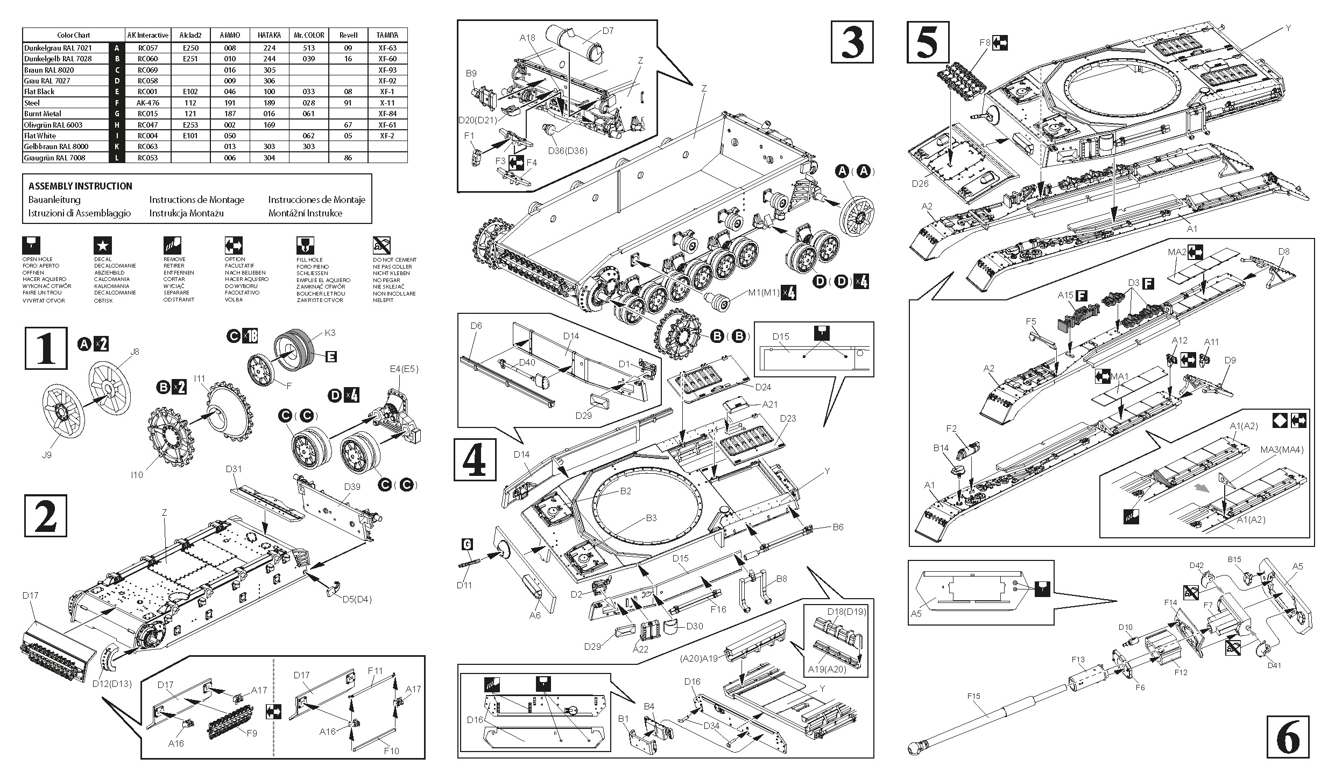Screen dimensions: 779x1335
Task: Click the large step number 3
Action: tap(852, 43)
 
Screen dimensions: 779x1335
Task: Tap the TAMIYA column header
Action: tap(387, 35)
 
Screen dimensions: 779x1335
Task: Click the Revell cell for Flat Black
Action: tap(348, 92)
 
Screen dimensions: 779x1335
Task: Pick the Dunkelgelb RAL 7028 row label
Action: tap(58, 59)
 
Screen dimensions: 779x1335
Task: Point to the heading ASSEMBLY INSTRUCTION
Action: tap(80, 186)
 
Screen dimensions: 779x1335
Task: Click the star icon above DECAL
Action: tap(103, 246)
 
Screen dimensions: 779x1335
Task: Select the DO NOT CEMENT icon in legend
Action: tap(382, 246)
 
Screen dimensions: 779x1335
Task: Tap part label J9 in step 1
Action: tap(47, 455)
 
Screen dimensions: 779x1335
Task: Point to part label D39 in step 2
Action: tap(352, 487)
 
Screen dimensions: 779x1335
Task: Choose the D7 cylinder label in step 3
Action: tap(608, 31)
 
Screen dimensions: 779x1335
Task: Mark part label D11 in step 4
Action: tap(464, 585)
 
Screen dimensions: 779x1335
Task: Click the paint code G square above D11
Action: tap(467, 545)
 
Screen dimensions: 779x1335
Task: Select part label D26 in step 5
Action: tap(920, 184)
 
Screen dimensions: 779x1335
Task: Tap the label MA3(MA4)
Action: tap(1282, 450)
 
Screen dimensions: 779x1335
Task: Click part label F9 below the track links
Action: tap(251, 733)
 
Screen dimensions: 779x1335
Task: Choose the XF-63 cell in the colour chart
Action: tap(387, 48)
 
